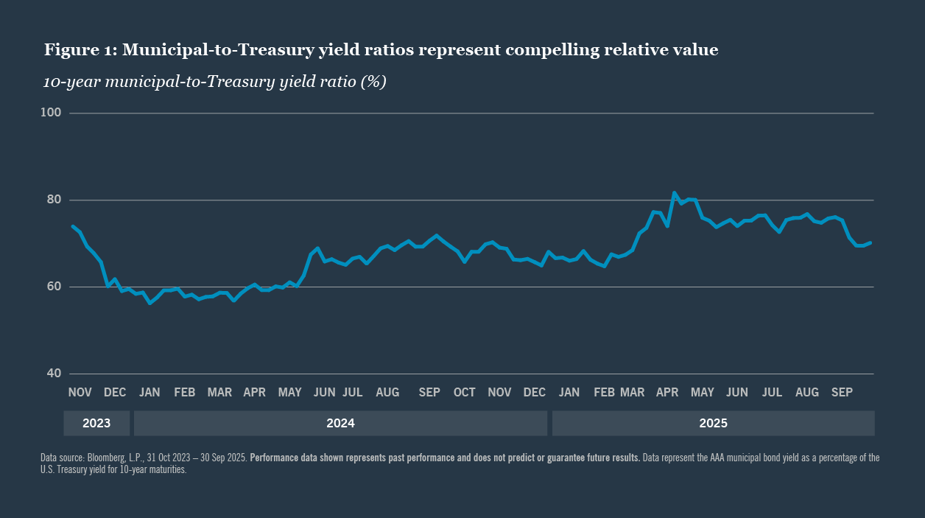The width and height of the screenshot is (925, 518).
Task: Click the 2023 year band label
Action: pyautogui.click(x=96, y=423)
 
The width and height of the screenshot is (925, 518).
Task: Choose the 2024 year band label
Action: pyautogui.click(x=340, y=423)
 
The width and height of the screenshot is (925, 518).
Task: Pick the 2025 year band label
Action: pyautogui.click(x=713, y=423)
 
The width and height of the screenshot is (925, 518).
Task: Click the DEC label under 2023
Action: pyautogui.click(x=115, y=393)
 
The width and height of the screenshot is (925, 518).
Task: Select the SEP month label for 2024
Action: pyautogui.click(x=429, y=393)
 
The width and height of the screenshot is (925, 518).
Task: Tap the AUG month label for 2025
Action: pyautogui.click(x=807, y=393)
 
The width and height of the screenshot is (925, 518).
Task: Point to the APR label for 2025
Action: pyautogui.click(x=667, y=393)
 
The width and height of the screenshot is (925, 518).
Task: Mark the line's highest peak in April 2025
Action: pyautogui.click(x=674, y=193)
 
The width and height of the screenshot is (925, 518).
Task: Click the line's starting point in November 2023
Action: pyautogui.click(x=72, y=226)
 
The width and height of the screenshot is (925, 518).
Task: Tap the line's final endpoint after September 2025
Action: pyautogui.click(x=871, y=242)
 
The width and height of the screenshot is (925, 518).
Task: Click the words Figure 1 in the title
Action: pyautogui.click(x=79, y=50)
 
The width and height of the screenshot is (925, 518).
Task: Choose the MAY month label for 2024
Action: pyautogui.click(x=290, y=393)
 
